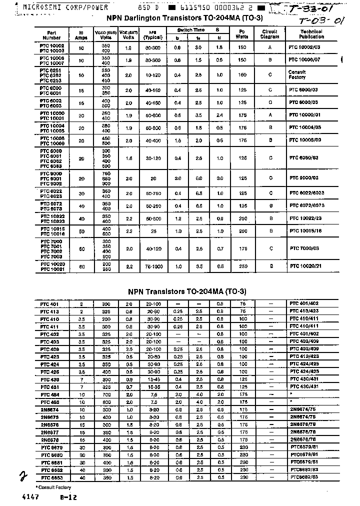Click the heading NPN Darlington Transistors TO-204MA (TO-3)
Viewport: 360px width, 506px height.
pyautogui.click(x=184, y=17)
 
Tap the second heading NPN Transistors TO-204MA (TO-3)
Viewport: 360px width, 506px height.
pyautogui.click(x=187, y=291)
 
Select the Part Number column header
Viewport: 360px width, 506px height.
pyautogui.click(x=51, y=35)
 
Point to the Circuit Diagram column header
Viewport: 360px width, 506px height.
pyautogui.click(x=270, y=34)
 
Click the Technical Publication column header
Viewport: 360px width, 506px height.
pyautogui.click(x=311, y=34)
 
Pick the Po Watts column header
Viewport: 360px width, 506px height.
pyautogui.click(x=243, y=34)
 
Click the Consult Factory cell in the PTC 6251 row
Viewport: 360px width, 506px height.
pyautogui.click(x=297, y=75)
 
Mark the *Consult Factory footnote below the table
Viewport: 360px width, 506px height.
pyautogui.click(x=53, y=487)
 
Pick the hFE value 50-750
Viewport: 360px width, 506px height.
pyautogui.click(x=153, y=193)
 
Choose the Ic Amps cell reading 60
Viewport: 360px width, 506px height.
pyautogui.click(x=81, y=267)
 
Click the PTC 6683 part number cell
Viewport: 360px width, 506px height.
pyautogui.click(x=51, y=477)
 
